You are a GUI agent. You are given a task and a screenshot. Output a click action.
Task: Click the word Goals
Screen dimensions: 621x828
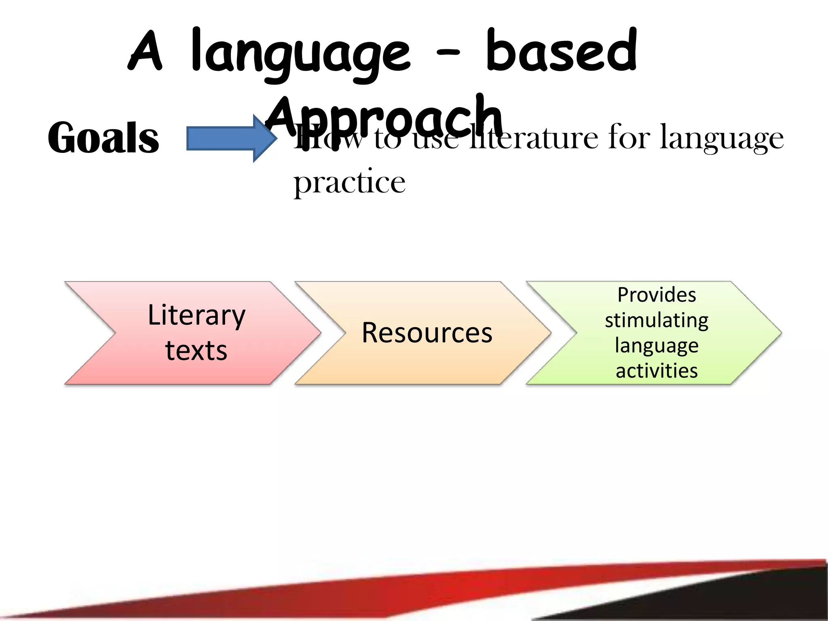[x=103, y=138]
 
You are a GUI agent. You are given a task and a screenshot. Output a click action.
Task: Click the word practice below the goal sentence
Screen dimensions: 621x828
[x=349, y=183]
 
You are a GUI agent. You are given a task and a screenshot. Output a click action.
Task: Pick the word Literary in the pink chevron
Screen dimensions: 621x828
[x=196, y=315]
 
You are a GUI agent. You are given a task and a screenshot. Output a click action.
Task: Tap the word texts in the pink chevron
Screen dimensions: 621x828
[x=196, y=350]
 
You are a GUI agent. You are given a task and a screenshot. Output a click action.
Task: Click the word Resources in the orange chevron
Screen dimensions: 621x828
[x=427, y=333]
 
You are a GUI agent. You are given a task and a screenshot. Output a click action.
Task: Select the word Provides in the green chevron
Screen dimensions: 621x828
[x=657, y=295]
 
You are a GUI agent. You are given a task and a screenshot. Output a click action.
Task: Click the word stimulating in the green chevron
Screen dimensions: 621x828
[x=657, y=320]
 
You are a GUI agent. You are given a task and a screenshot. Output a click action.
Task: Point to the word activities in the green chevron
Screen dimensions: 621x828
[x=657, y=371]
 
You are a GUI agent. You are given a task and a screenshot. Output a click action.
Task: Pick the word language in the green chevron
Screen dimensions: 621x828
[x=657, y=346]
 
